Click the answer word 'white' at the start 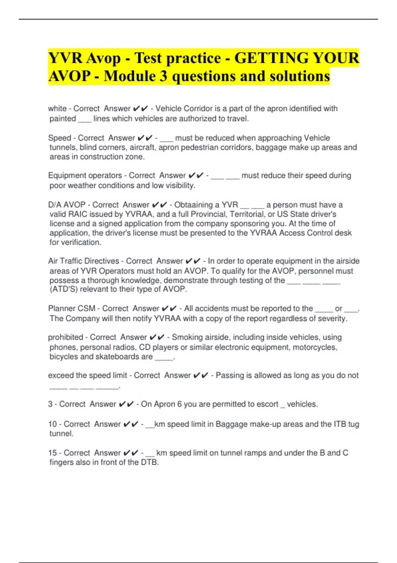click(x=57, y=109)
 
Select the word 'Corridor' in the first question click(x=198, y=109)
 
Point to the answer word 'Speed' click(x=60, y=138)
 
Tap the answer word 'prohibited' click(x=66, y=337)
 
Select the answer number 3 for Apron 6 click(x=50, y=404)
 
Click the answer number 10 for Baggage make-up click(x=53, y=424)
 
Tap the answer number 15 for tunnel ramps click(x=53, y=453)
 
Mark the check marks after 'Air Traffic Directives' click(x=193, y=261)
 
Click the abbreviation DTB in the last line click(x=149, y=462)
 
